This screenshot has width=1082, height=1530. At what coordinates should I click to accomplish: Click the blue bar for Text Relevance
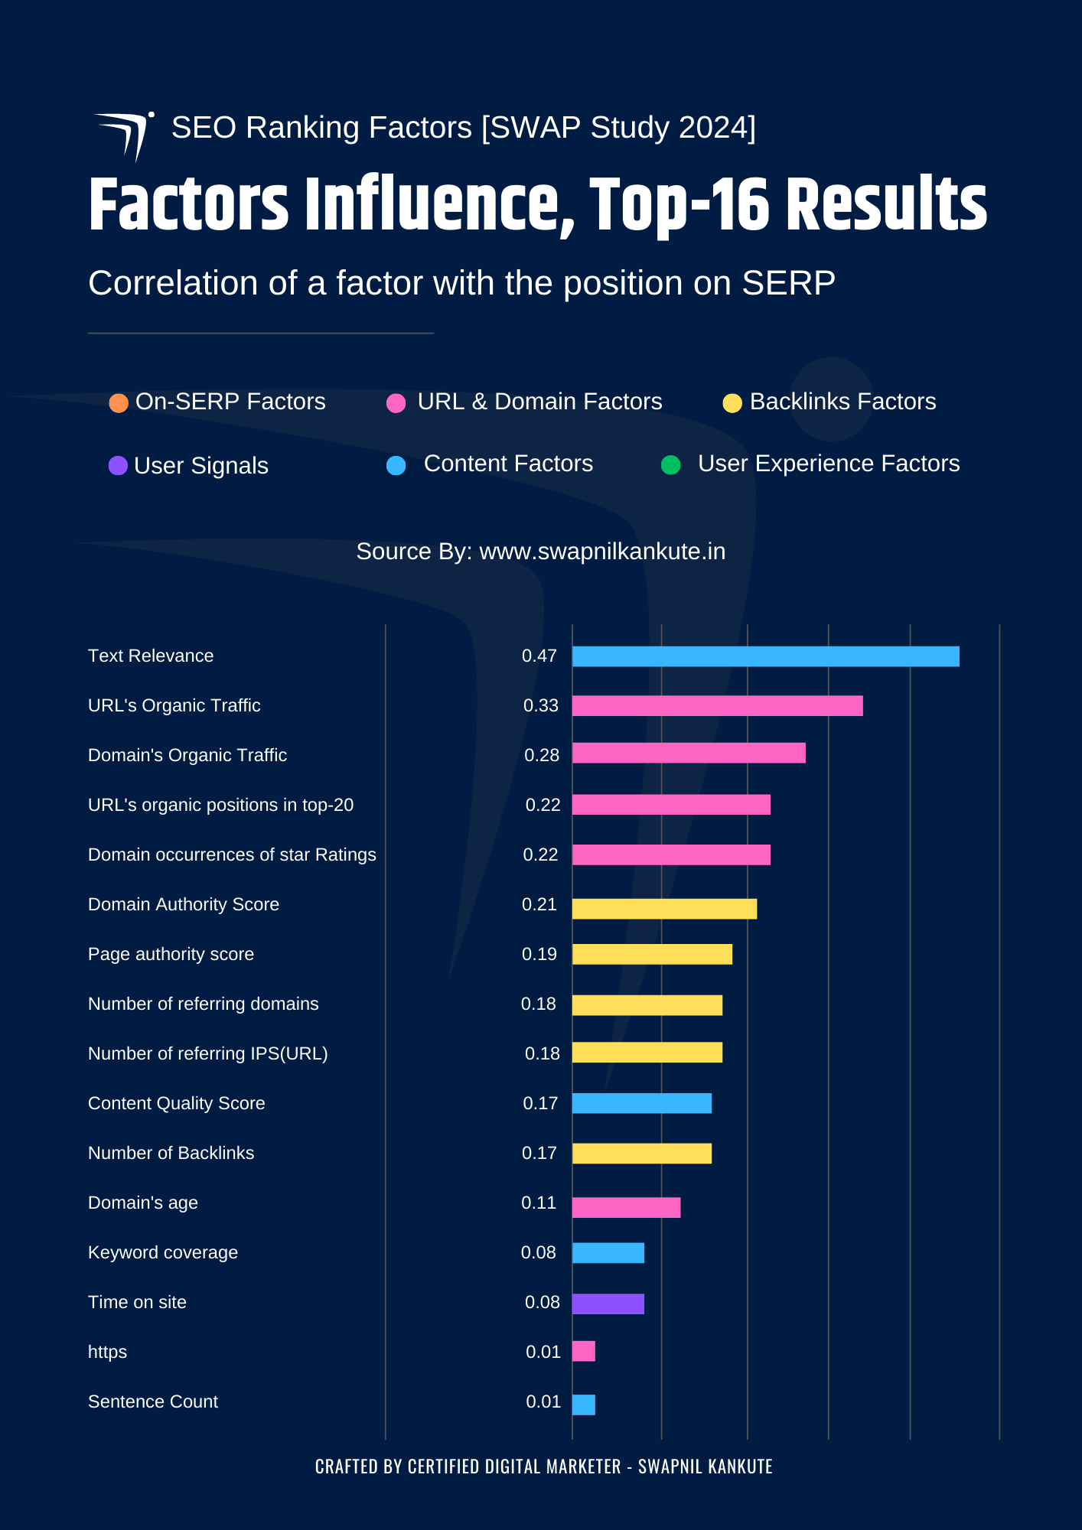[x=765, y=656]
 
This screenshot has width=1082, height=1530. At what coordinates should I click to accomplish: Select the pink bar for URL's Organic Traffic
[x=717, y=706]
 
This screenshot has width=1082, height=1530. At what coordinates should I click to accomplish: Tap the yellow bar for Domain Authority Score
[x=664, y=909]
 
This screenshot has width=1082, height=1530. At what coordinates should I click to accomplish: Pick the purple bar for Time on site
[x=608, y=1304]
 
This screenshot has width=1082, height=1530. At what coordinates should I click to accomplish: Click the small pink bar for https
[x=584, y=1352]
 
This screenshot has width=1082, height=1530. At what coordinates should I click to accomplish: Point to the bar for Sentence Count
[x=584, y=1405]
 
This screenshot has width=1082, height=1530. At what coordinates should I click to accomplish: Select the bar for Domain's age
[x=626, y=1207]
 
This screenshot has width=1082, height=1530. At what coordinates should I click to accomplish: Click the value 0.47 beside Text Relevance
[x=539, y=656]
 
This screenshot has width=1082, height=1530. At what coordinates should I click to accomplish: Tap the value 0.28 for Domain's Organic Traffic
[x=542, y=756]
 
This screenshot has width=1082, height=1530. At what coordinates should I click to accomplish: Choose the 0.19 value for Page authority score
[x=539, y=955]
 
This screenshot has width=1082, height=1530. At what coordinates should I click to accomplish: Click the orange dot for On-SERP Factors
[x=119, y=403]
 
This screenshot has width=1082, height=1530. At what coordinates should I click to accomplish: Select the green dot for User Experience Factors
[x=671, y=465]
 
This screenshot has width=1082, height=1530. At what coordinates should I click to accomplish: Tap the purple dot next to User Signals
[x=118, y=466]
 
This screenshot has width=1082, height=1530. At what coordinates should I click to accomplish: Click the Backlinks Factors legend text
[x=842, y=402]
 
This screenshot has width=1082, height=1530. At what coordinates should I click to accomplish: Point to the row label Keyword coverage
[x=163, y=1253]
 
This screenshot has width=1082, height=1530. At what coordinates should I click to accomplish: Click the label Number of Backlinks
[x=171, y=1154]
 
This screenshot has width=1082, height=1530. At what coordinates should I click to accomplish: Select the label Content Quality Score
[x=176, y=1104]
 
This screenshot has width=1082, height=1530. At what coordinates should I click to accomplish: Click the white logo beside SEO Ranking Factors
[x=125, y=135]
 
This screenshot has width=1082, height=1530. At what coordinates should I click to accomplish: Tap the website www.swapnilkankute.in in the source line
[x=602, y=552]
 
